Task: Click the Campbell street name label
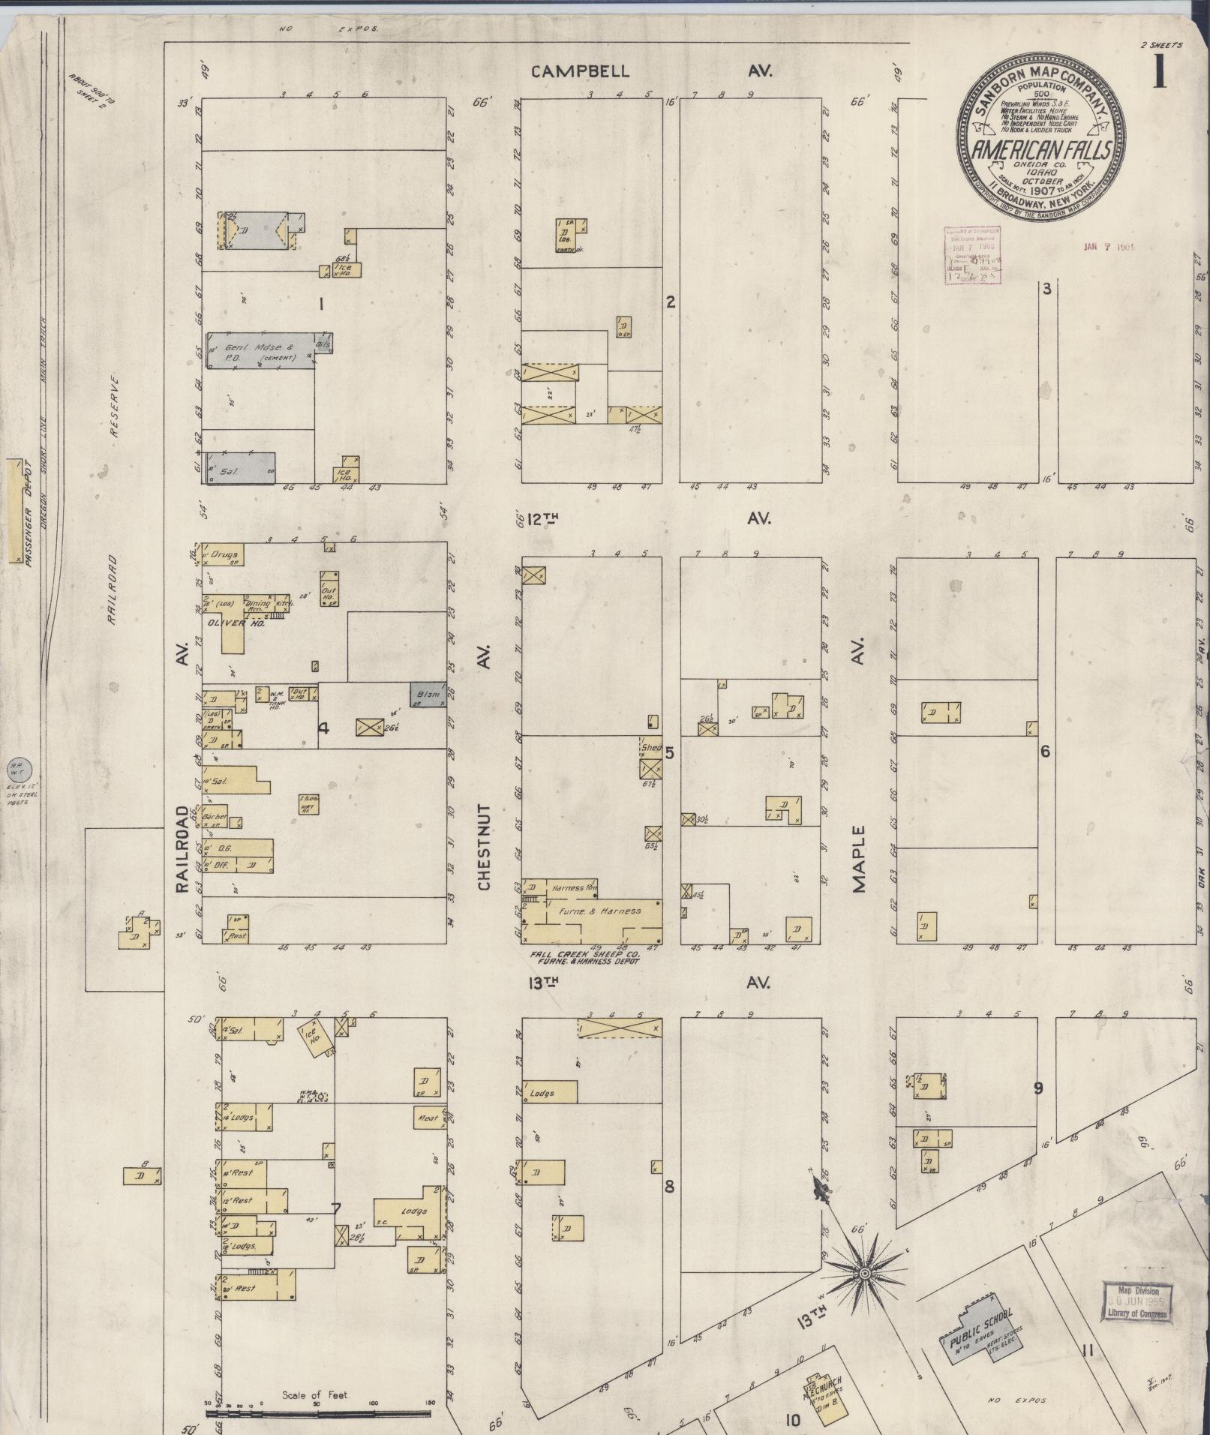point(581,72)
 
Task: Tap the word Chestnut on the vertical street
point(484,848)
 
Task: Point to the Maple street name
point(859,858)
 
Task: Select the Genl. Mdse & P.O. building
point(261,351)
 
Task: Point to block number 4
point(323,727)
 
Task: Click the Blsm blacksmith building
point(428,695)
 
